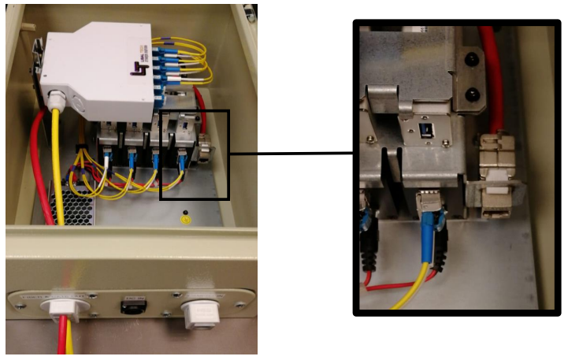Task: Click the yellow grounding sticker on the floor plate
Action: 186,218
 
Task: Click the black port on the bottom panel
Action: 132,306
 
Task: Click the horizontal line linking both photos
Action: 291,154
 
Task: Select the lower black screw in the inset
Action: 471,95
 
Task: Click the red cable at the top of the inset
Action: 495,71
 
